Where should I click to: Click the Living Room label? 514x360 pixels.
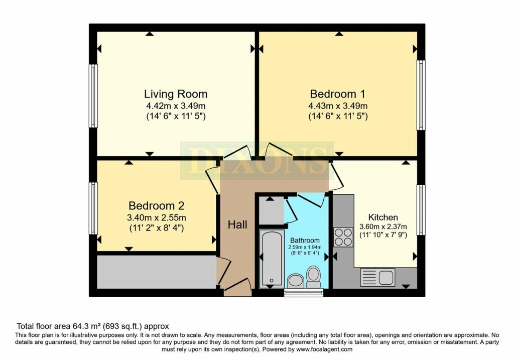176,94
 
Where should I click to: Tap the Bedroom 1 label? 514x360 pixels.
338,94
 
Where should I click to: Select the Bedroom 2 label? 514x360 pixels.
157,206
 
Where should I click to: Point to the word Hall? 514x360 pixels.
237,224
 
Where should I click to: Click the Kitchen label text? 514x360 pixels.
383,217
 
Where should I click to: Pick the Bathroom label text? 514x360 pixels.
305,241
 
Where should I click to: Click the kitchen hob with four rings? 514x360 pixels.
343,237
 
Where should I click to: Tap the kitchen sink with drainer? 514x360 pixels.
377,277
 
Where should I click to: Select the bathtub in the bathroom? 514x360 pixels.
272,259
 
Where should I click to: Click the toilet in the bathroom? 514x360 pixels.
314,277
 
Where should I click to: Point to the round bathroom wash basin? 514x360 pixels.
296,281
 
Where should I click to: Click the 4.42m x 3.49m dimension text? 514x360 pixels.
176,106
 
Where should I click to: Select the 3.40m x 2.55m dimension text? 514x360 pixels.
157,218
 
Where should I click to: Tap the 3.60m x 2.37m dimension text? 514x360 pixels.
383,226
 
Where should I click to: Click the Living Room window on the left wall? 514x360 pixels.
93,96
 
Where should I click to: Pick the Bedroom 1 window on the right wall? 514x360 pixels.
421,95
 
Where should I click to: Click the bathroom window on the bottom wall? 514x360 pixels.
304,292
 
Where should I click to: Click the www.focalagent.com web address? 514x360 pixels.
324,349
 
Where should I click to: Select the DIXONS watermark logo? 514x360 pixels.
257,161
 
